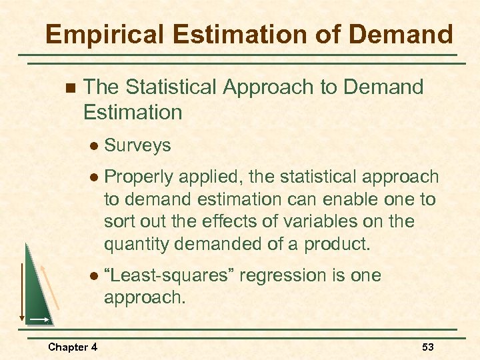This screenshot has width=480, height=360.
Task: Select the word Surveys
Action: pos(138,145)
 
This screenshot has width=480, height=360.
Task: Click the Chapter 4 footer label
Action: pos(73,347)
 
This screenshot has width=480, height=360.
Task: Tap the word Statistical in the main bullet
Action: pos(170,87)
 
